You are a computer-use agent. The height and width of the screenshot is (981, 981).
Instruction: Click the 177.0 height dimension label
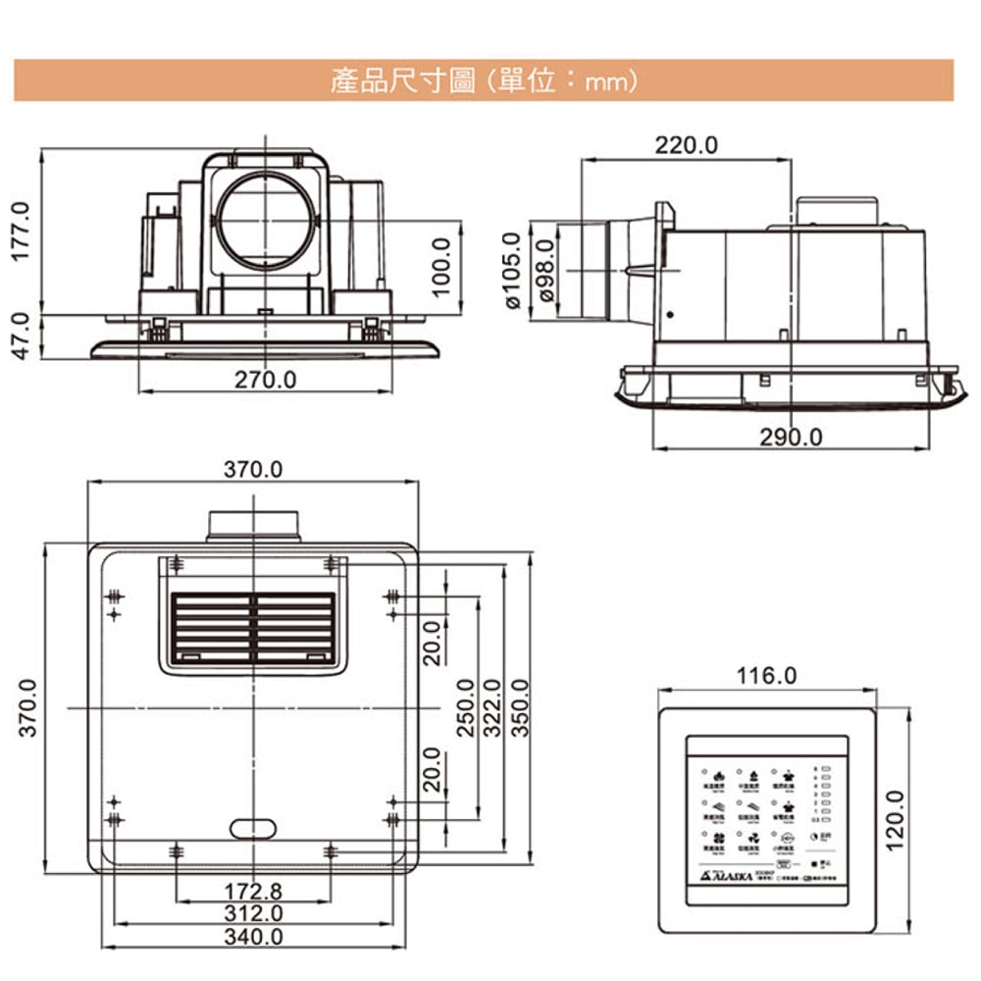(x=22, y=232)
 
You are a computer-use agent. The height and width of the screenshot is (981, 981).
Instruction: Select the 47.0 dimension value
(x=22, y=336)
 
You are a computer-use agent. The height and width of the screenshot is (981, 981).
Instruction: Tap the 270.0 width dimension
(x=265, y=379)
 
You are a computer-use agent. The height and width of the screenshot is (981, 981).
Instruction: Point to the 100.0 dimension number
(x=440, y=267)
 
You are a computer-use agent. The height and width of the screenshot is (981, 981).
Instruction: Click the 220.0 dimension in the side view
(x=687, y=145)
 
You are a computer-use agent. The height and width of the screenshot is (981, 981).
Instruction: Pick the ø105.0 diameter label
(x=511, y=271)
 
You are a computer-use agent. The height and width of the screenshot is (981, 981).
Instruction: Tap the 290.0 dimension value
(x=791, y=437)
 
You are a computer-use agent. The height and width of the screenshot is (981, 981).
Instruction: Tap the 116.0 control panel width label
(x=767, y=676)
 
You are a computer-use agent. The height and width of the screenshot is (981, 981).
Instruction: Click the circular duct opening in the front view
(x=266, y=223)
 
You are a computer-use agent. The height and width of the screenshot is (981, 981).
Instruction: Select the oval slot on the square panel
(x=254, y=828)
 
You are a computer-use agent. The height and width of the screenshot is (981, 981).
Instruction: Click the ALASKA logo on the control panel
(x=728, y=873)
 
